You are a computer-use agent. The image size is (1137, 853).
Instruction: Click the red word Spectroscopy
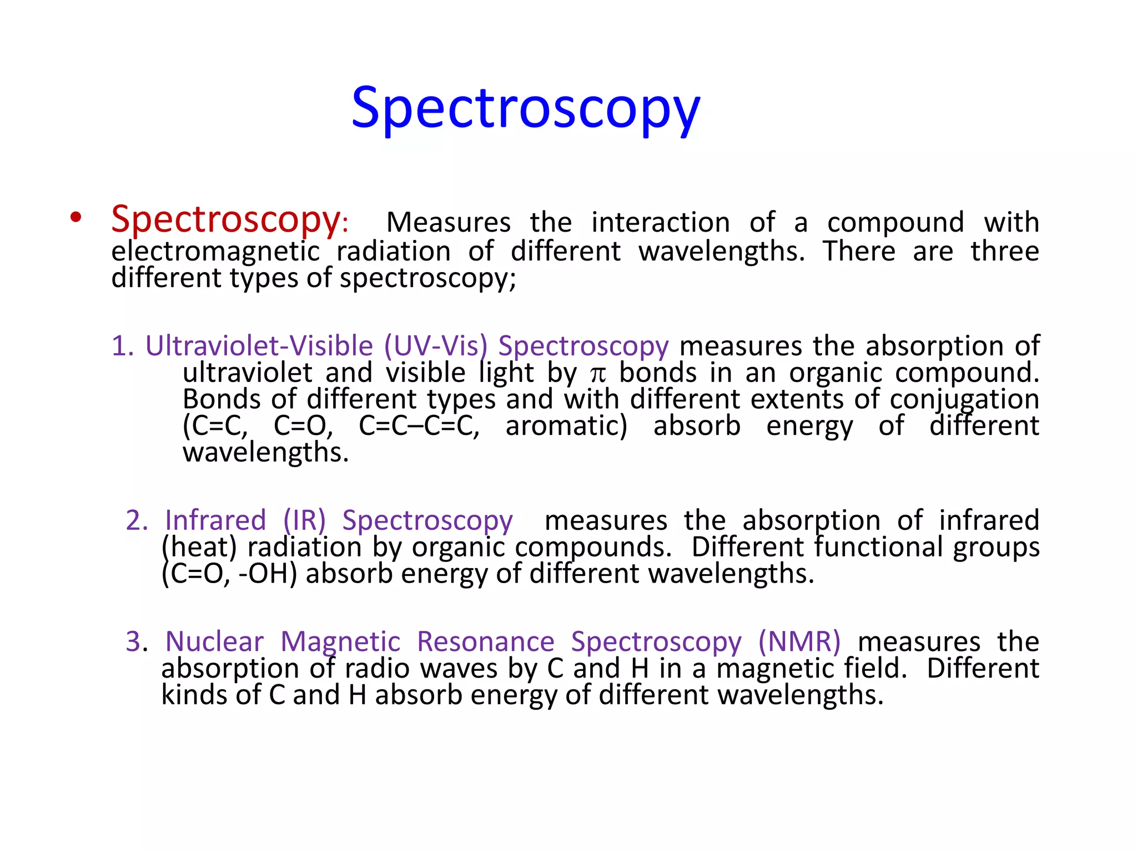tap(225, 220)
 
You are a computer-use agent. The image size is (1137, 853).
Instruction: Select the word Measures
tap(448, 223)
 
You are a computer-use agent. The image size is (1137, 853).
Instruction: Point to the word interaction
tap(660, 223)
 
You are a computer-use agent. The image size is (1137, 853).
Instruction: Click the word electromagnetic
tap(215, 251)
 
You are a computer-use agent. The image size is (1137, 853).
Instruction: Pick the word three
tap(1004, 251)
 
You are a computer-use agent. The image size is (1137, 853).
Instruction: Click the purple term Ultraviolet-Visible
tap(259, 346)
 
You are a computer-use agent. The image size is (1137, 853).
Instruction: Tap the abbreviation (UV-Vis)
tap(436, 346)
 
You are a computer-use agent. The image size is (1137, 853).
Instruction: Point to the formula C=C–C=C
tap(419, 426)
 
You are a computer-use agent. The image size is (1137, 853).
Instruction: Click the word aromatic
tap(566, 426)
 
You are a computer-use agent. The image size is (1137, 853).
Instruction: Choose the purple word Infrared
tap(215, 520)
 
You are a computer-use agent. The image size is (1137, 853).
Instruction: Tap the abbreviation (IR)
tap(304, 520)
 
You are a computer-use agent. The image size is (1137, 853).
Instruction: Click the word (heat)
tap(199, 548)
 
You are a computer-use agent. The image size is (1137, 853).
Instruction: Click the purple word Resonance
tap(485, 642)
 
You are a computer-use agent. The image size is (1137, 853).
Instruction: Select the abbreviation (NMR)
tap(799, 642)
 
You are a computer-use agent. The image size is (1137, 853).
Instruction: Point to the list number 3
tap(135, 642)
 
